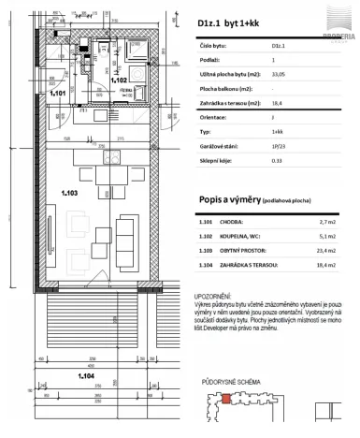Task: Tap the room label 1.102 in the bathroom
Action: tap(119, 80)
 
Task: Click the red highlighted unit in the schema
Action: tap(224, 400)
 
